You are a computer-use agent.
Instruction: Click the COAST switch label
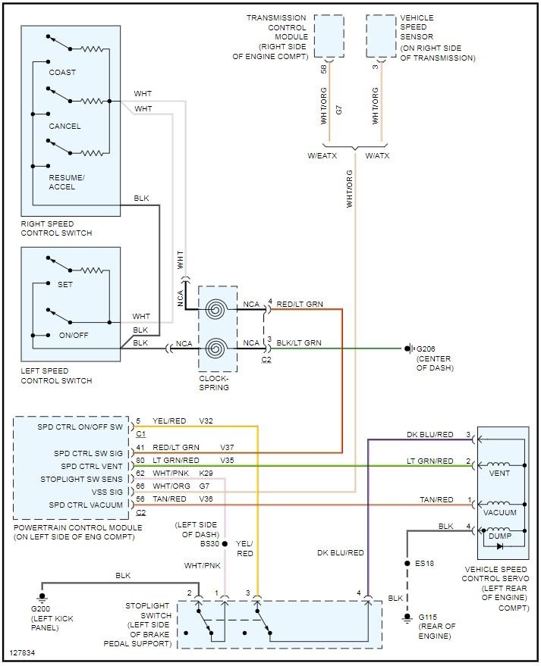(62, 73)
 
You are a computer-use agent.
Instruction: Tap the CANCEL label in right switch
(64, 127)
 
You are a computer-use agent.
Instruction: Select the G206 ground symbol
(409, 349)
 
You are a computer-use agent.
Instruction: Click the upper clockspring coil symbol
(217, 310)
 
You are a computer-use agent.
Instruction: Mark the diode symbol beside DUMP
(499, 546)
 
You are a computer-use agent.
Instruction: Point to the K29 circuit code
(206, 474)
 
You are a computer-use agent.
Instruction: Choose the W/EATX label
(322, 157)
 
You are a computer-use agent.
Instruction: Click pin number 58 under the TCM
(324, 69)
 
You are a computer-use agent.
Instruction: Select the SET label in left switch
(65, 285)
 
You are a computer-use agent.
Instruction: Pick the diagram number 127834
(24, 652)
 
